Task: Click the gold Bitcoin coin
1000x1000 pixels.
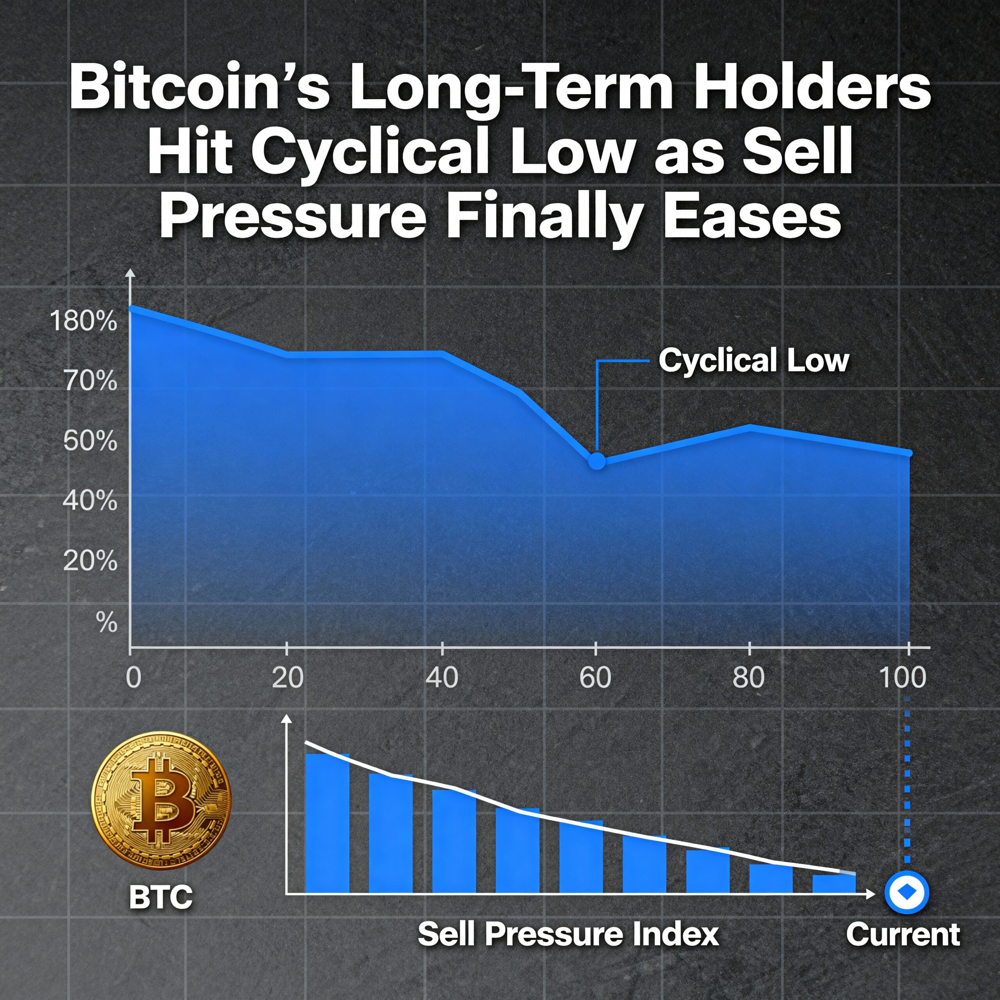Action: tap(161, 801)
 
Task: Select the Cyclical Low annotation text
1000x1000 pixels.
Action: tap(754, 361)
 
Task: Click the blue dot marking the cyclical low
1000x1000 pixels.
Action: tap(597, 461)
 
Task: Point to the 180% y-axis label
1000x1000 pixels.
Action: tap(83, 321)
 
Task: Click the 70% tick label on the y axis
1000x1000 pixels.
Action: tap(90, 382)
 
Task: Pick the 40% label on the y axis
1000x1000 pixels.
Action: tap(90, 501)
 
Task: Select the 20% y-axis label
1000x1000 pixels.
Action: tap(90, 561)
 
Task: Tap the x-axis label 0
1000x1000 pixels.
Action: tap(134, 677)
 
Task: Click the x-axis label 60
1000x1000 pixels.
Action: tap(595, 677)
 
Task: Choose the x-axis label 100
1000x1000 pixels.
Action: tap(903, 677)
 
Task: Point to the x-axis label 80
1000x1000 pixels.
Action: tap(748, 677)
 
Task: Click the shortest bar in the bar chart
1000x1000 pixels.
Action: tap(834, 883)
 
